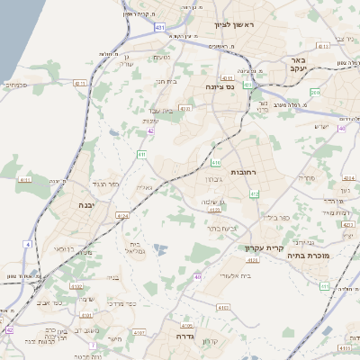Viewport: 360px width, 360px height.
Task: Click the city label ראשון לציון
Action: coord(237,24)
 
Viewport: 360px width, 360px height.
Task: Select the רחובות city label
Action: coord(244,171)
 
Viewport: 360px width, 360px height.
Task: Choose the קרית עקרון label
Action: coord(263,247)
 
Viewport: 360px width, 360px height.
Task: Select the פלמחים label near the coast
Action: coord(16,85)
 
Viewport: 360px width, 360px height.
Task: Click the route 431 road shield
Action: coord(159,28)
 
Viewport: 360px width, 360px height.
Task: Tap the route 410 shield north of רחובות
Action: coord(215,163)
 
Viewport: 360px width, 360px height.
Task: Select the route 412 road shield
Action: coord(255,193)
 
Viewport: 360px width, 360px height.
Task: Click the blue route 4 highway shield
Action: coord(28,244)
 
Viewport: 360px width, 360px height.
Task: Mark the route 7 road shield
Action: coord(92,345)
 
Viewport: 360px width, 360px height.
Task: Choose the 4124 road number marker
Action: coord(122,216)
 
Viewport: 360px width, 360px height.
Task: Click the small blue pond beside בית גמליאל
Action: coord(160,249)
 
